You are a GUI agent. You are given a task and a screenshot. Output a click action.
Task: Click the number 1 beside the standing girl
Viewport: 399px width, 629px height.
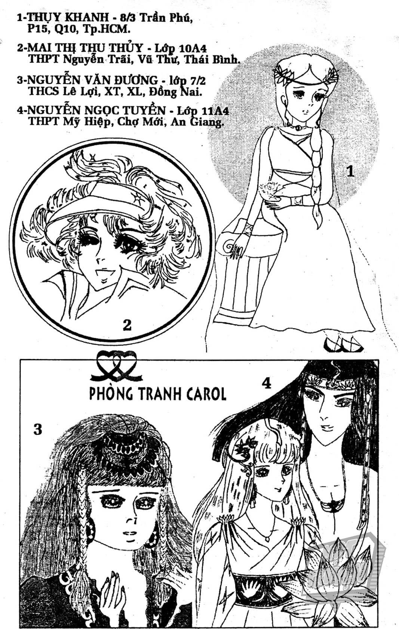tap(350, 171)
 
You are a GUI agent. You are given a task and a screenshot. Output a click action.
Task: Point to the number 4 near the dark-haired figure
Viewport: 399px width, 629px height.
tap(267, 383)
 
